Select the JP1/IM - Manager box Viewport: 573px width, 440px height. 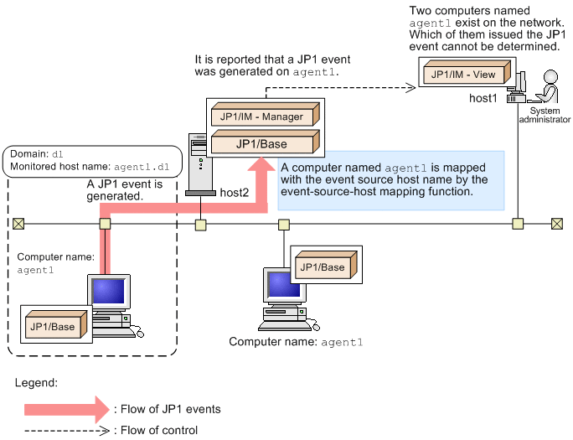point(257,116)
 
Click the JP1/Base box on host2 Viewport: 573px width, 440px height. point(257,143)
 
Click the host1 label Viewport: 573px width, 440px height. point(483,99)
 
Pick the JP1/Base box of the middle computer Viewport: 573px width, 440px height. point(323,267)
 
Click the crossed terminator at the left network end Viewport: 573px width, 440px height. point(18,224)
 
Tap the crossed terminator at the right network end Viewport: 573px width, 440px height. point(557,224)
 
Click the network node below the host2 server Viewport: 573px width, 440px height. point(201,225)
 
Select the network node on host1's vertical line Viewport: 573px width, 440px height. point(519,224)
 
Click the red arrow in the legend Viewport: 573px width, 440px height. point(67,410)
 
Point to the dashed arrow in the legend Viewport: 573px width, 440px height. point(67,431)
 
